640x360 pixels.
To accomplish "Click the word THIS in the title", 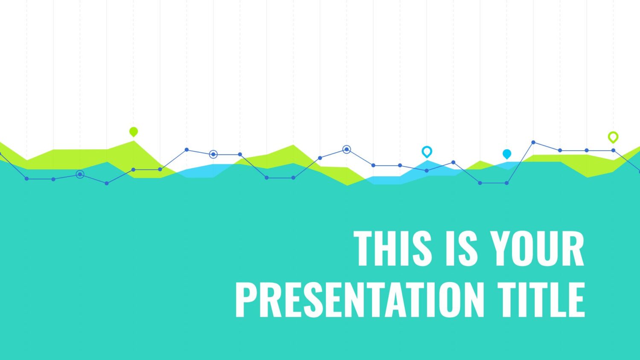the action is pyautogui.click(x=393, y=248).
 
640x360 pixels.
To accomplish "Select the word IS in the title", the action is pyautogui.click(x=461, y=248).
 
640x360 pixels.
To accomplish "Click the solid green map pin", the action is pyautogui.click(x=134, y=132).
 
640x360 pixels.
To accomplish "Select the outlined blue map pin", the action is pyautogui.click(x=427, y=152).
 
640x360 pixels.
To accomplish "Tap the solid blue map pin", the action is pyautogui.click(x=507, y=154).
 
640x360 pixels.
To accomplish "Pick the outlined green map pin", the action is pyautogui.click(x=613, y=137).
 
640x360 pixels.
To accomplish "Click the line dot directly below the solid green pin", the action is pyautogui.click(x=134, y=170).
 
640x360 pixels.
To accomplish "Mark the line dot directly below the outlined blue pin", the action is pyautogui.click(x=427, y=171).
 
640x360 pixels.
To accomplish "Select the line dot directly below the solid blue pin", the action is pyautogui.click(x=506, y=183).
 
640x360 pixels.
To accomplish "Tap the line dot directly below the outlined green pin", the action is pyautogui.click(x=613, y=150).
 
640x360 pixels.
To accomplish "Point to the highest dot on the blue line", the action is pyautogui.click(x=533, y=142).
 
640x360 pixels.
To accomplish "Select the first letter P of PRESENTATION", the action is pyautogui.click(x=246, y=299).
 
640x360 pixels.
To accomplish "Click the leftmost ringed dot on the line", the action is pyautogui.click(x=80, y=174).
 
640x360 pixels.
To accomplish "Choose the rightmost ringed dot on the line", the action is pyautogui.click(x=346, y=149).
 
